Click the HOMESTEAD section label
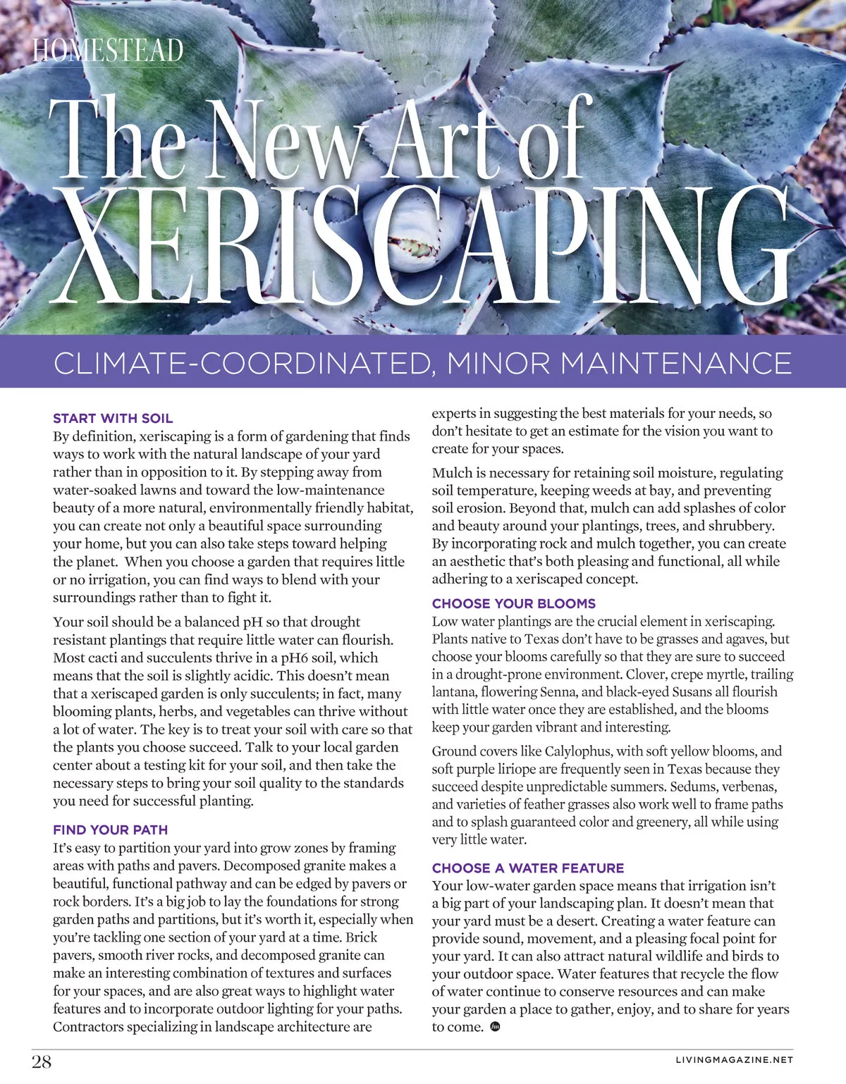click(108, 51)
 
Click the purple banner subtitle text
click(422, 363)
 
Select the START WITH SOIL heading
click(113, 418)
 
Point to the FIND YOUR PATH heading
click(110, 830)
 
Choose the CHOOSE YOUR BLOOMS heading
click(513, 603)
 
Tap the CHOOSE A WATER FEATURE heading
click(528, 868)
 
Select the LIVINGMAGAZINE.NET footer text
click(734, 1059)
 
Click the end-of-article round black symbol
click(494, 1027)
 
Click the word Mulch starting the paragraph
click(452, 473)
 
